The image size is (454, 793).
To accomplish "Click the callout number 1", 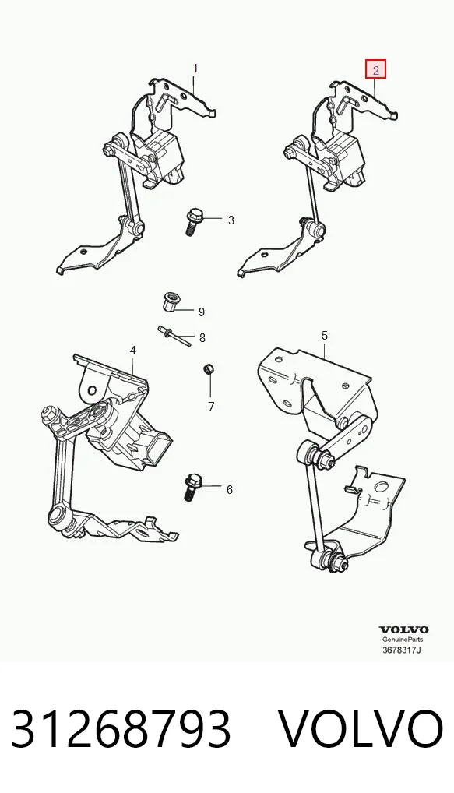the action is tap(195, 69).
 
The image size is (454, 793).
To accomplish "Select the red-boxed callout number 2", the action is tap(375, 70).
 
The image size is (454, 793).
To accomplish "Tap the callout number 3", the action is tap(231, 220).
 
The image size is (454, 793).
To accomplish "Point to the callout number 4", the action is tap(133, 350).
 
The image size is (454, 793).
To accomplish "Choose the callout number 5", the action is tap(325, 335).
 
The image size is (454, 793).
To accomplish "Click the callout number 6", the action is tap(230, 489).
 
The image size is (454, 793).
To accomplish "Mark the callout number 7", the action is tap(211, 406).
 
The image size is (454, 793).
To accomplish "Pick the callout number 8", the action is tap(202, 337).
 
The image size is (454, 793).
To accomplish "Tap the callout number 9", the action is tap(201, 312).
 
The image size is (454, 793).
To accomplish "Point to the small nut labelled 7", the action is tap(207, 368).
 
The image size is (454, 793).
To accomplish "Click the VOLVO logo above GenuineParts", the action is tap(403, 629).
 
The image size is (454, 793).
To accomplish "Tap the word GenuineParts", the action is tap(403, 640).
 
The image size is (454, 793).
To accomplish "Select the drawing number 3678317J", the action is tap(402, 650).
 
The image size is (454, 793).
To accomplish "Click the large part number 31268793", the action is tap(121, 729).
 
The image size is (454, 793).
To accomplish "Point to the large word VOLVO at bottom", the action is tap(361, 729).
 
